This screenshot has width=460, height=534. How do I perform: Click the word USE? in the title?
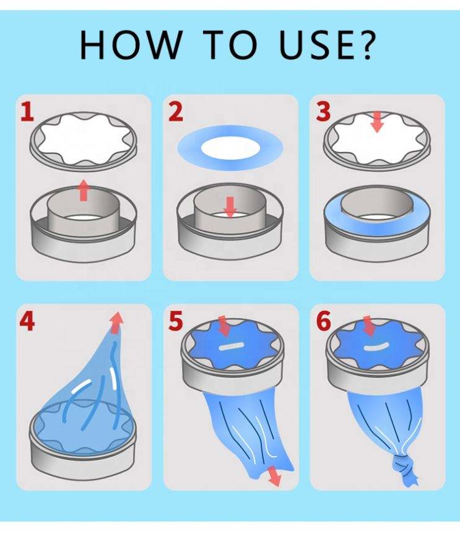coord(327,45)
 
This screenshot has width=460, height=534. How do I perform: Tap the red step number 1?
coord(28,112)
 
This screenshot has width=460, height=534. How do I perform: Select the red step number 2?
coord(176,112)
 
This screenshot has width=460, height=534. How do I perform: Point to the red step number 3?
coord(323,112)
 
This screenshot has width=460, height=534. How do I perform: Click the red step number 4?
coord(27,322)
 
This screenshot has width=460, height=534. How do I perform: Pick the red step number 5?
coord(176,322)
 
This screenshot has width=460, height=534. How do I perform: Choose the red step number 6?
coord(323,322)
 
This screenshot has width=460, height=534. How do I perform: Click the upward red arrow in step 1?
coord(84,191)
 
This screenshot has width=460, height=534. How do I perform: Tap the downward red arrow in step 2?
coord(231,207)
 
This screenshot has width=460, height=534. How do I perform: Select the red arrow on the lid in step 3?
coord(377,123)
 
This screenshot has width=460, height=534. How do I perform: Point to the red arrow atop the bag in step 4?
coord(116,322)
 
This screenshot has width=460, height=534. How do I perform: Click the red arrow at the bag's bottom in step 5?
coord(274,476)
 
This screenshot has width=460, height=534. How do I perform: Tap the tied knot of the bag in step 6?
coord(404,468)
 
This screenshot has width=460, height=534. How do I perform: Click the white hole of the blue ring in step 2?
coord(230,148)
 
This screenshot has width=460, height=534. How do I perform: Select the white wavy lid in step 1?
coord(84,139)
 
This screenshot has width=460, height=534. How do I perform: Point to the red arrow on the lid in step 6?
coord(369,325)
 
